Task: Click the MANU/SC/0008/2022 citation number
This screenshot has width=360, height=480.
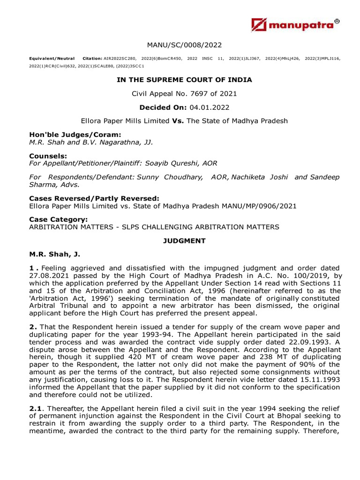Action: click(184, 45)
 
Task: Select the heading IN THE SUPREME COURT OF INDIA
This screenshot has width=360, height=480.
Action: click(184, 80)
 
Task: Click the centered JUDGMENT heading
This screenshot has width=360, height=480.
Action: click(184, 240)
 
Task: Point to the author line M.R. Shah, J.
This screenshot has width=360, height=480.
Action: click(55, 254)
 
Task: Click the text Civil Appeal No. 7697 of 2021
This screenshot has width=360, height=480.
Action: click(184, 94)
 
